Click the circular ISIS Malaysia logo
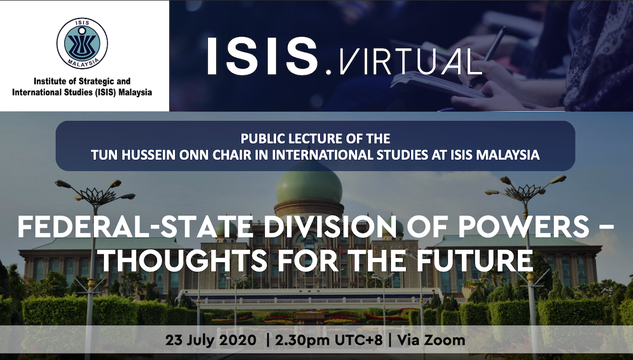82,43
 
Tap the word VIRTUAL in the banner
410,61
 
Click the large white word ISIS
263,56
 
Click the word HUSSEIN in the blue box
149,155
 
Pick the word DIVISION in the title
330,227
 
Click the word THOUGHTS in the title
184,261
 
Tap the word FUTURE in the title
475,261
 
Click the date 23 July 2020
211,340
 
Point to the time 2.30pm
302,340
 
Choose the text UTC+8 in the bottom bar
359,340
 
